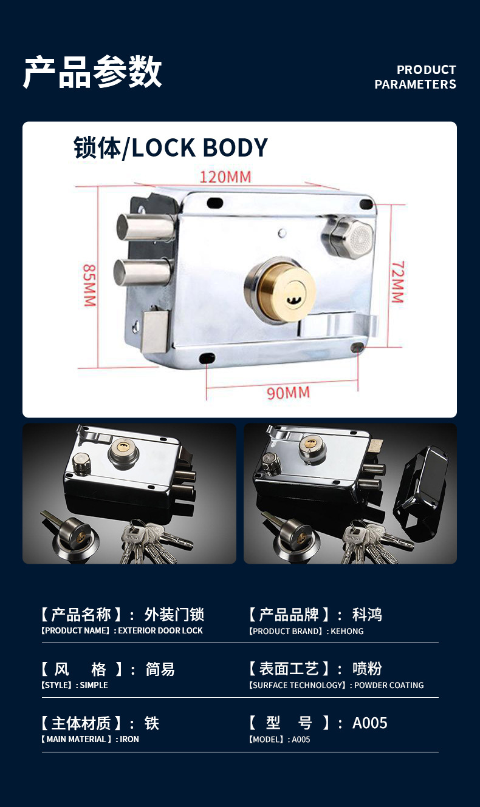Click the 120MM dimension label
coord(225,177)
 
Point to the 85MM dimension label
coord(89,285)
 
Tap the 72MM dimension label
coord(398,282)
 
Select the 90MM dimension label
coord(288,393)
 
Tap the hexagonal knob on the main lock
coord(348,237)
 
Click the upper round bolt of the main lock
coord(146,227)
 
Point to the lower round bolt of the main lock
coord(142,272)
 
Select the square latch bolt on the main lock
coord(156,331)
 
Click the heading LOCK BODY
coord(199,147)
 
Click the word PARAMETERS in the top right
coord(415,84)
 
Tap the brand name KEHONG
coord(347,631)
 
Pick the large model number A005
coord(369,723)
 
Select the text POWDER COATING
coord(389,685)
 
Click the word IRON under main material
coord(129,739)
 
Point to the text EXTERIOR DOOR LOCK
coord(160,630)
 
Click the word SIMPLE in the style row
coord(94,685)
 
